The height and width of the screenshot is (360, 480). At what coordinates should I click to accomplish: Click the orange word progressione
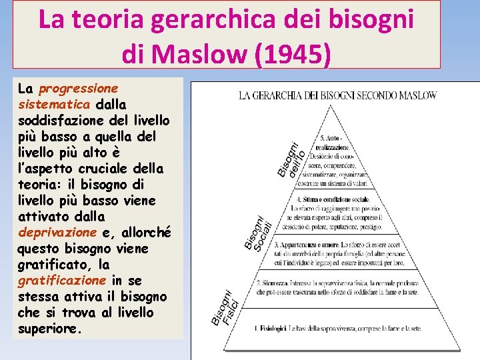79,89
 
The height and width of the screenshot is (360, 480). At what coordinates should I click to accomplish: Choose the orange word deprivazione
57,233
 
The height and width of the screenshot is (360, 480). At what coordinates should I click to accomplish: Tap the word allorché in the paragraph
146,233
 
